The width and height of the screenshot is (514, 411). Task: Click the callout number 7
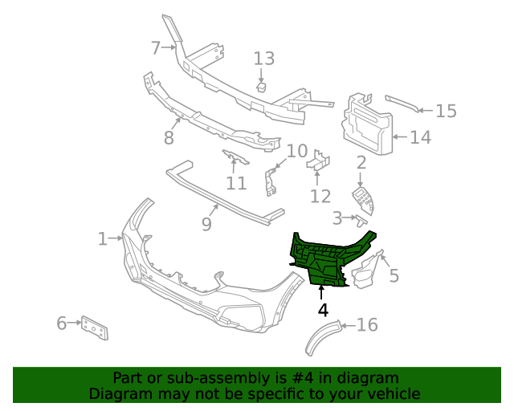coord(156,47)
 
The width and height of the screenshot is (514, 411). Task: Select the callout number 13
coord(264,59)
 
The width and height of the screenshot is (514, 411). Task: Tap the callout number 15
coord(446,112)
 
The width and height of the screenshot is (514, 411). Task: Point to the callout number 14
coord(420,137)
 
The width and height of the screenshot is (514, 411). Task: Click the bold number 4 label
coord(322,309)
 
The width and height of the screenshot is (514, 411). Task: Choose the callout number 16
coord(366,325)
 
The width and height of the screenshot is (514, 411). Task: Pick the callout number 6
coord(62,324)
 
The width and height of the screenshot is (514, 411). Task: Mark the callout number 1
coord(103,238)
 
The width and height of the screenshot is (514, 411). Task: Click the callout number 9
coord(206,224)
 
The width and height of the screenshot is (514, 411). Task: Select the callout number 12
coord(320,196)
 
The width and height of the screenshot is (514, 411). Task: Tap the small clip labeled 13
coord(262,86)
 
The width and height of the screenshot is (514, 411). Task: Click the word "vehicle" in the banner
coord(392,393)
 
